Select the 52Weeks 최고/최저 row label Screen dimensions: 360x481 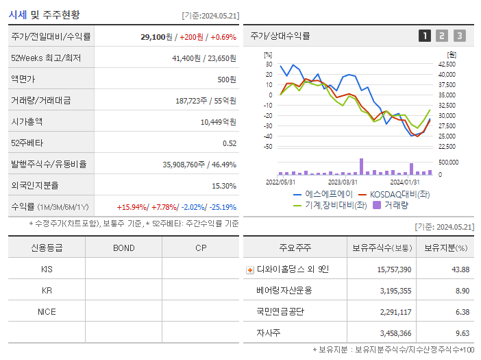point(46,58)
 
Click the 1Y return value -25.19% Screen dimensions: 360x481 point(219,207)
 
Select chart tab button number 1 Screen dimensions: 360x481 point(425,36)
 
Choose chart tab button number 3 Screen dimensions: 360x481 point(459,36)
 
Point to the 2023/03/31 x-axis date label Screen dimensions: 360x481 point(343,182)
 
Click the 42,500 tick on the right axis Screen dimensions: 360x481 point(447,64)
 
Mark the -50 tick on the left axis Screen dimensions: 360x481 point(268,147)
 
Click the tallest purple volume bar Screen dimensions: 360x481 point(361,167)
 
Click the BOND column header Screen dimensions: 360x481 point(123,248)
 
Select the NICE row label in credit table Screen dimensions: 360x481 point(47,311)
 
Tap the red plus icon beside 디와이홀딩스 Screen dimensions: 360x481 point(249,269)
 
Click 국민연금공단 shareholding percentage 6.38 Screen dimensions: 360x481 point(462,311)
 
